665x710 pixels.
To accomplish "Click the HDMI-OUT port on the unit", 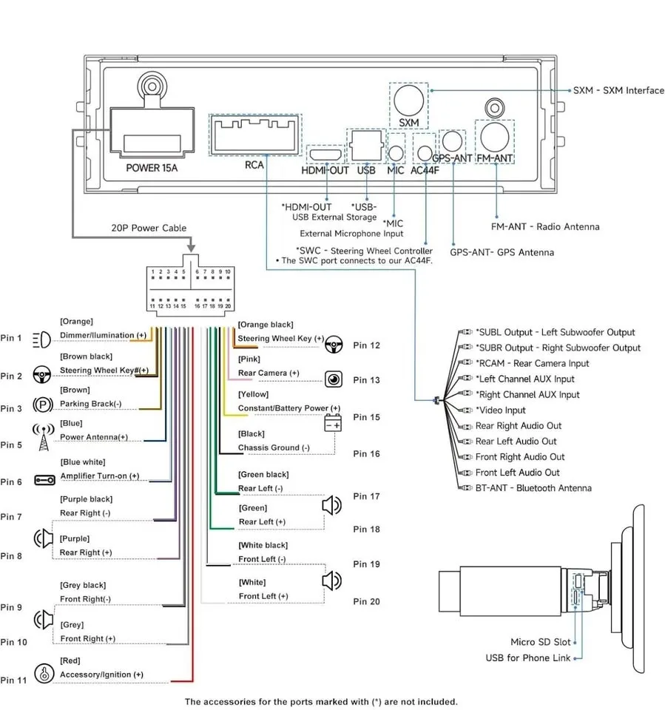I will click(325, 155).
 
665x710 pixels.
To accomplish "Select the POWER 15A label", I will click(152, 167).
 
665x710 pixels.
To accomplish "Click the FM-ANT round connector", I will click(495, 137).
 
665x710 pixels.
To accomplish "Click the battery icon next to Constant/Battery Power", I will click(334, 425).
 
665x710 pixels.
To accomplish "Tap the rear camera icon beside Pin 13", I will click(334, 379).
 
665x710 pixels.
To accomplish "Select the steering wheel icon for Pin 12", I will click(334, 344).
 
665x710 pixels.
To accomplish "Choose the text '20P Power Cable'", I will click(149, 228).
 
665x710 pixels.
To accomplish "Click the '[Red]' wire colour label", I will click(70, 660).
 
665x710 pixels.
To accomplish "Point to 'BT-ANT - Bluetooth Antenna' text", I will click(533, 488).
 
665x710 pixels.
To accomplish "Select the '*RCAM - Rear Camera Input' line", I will click(532, 363).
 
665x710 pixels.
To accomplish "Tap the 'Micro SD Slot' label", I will click(541, 642).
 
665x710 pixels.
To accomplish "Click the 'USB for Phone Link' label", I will click(528, 657).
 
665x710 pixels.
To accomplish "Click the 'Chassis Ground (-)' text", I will click(274, 447).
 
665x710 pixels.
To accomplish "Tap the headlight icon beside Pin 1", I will click(42, 339).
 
